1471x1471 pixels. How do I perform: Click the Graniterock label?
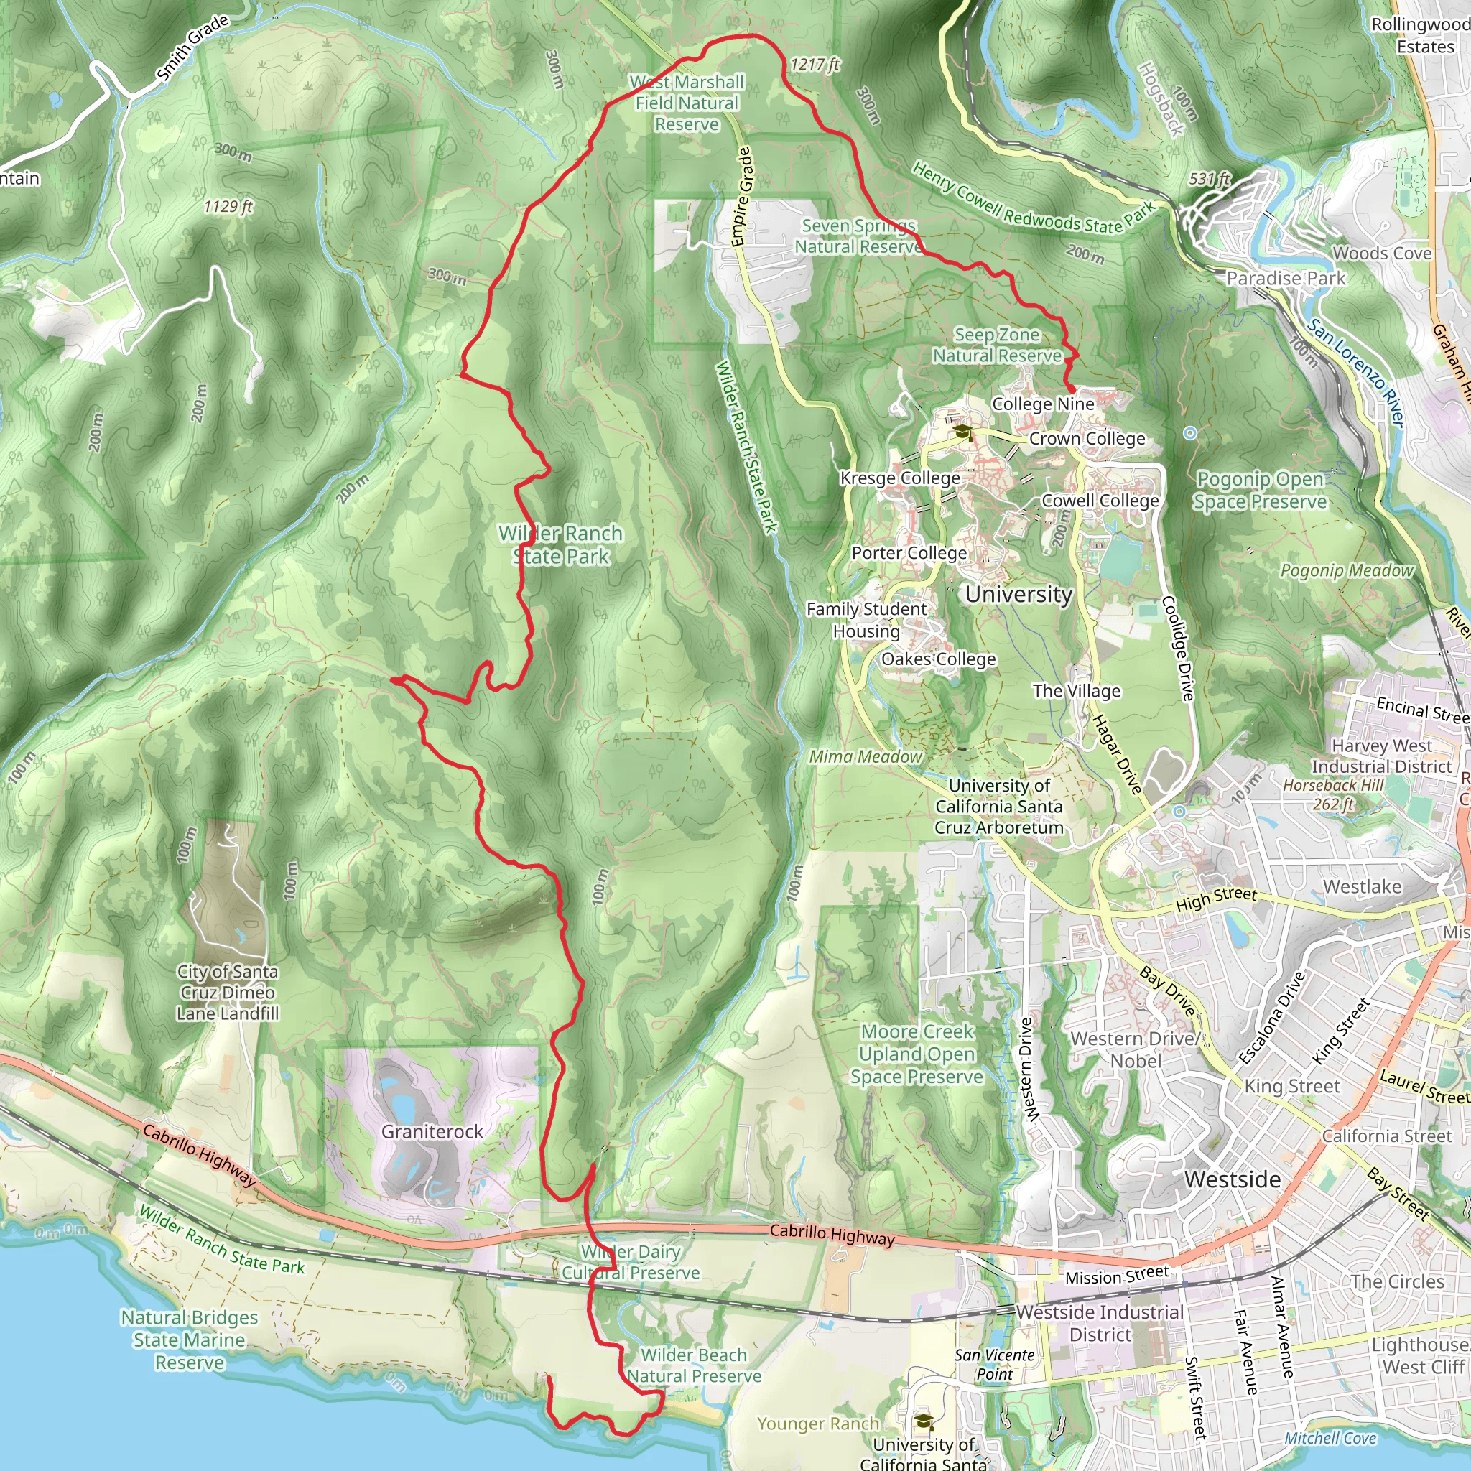click(432, 1131)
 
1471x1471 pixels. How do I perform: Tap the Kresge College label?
click(900, 478)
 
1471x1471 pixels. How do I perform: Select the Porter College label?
click(909, 553)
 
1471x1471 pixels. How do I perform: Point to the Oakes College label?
click(938, 659)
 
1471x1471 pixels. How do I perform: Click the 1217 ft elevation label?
click(815, 65)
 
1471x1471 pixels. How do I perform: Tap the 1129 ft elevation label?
click(228, 206)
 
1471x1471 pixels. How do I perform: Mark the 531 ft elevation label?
click(1210, 179)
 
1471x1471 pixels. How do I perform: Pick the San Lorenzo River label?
click(1356, 372)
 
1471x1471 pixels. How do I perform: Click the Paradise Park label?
click(1285, 279)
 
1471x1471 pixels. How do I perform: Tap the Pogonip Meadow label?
click(1346, 570)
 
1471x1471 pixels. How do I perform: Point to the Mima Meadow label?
click(865, 757)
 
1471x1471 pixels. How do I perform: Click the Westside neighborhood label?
click(1232, 1179)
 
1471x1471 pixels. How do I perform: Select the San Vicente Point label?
click(994, 1365)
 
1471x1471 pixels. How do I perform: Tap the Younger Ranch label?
click(817, 1424)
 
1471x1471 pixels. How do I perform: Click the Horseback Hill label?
click(1333, 785)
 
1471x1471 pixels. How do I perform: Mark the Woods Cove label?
click(1381, 254)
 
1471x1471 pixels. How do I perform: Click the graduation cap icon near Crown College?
click(962, 432)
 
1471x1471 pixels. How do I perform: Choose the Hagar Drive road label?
click(1117, 753)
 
